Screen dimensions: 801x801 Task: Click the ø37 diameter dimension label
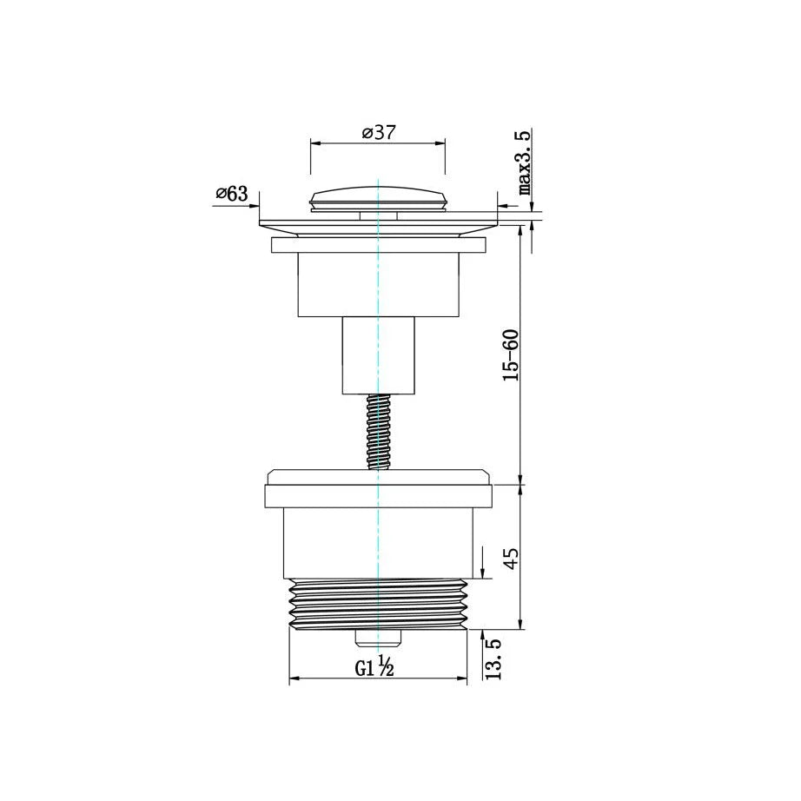[x=379, y=133]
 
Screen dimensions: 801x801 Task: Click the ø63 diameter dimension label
[x=231, y=194]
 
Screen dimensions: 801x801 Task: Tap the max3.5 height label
[x=525, y=163]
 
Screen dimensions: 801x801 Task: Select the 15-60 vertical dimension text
[x=511, y=354]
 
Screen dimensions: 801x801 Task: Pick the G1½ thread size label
[x=375, y=667]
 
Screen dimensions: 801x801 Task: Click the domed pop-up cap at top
[x=378, y=196]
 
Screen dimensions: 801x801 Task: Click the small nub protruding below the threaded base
[x=378, y=639]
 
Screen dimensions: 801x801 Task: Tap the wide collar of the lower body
[x=378, y=495]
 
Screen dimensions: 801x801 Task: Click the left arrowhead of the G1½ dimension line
[x=293, y=679]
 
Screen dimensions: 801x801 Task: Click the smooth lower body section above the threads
[x=378, y=543]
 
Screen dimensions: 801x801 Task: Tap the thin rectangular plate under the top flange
[x=378, y=246]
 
